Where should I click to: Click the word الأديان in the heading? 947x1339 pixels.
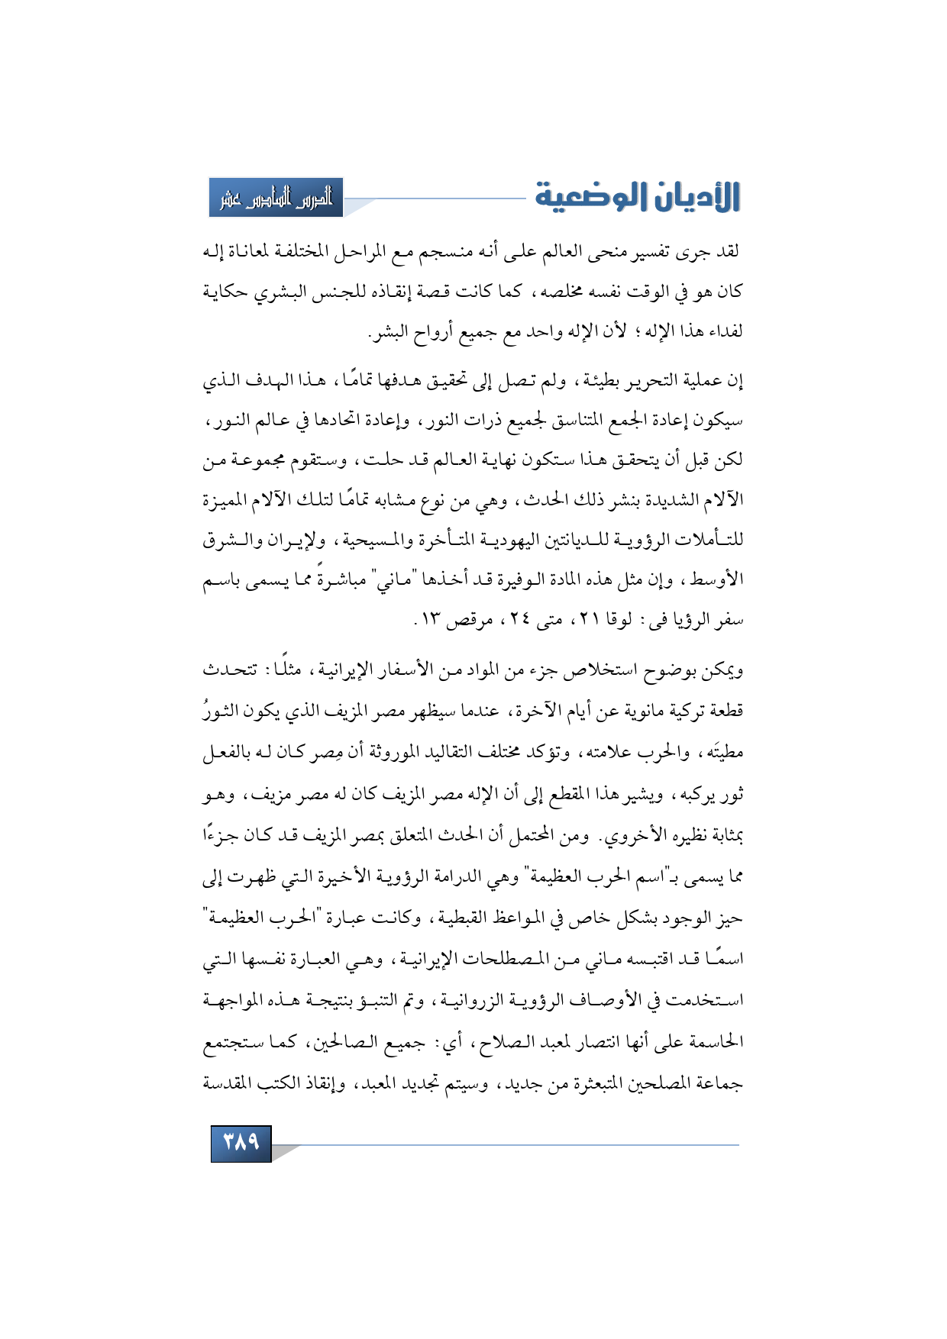coord(693,197)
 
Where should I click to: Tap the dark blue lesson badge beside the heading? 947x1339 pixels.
coord(276,198)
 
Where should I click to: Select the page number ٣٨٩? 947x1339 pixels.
coord(241,1143)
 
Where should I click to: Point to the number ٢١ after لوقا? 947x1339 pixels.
coord(588,619)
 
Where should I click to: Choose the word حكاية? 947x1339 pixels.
coord(228,292)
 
